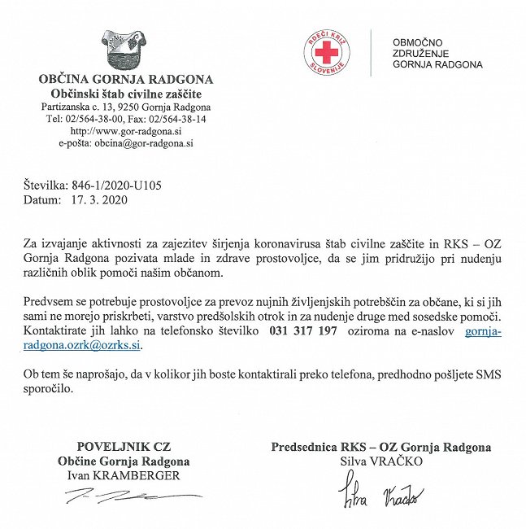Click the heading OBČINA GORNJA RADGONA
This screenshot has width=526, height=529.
click(x=126, y=80)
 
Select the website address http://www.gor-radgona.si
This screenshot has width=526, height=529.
click(x=125, y=130)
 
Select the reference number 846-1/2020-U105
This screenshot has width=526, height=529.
click(x=116, y=186)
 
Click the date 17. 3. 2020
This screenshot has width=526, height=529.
click(x=100, y=199)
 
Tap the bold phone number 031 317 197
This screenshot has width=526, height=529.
click(x=302, y=331)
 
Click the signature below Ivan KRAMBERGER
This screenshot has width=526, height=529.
click(x=130, y=495)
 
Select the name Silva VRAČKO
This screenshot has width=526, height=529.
click(x=381, y=461)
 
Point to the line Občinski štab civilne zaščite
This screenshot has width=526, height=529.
click(x=126, y=94)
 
